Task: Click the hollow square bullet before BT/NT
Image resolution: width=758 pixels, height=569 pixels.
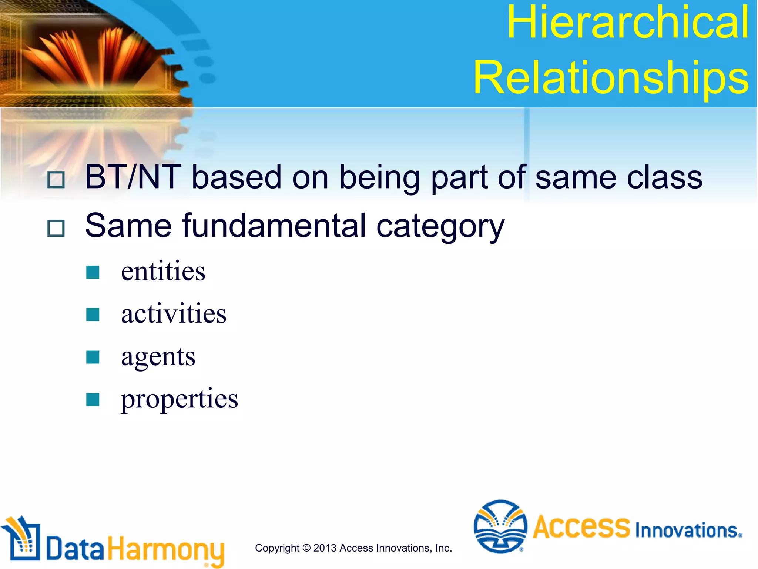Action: pos(56,180)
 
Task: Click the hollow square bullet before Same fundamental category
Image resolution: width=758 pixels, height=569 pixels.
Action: pos(56,228)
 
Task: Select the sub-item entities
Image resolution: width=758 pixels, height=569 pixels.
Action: pos(163,271)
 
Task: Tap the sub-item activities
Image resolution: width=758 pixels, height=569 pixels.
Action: pos(174,313)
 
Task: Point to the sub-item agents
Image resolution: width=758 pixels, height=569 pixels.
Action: pos(158,357)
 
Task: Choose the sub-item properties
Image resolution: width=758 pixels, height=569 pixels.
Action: pos(180,399)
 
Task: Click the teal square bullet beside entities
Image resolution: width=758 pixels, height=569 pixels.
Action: pos(93,272)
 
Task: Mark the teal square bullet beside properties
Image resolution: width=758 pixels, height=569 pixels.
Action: pos(93,400)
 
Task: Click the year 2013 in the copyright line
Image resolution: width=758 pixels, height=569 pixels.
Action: pos(325,548)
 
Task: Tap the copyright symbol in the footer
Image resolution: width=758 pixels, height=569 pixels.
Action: pos(306,548)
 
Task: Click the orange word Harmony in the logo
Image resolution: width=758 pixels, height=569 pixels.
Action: pos(166,549)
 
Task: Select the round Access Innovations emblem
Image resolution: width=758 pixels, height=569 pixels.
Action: pos(500,526)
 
